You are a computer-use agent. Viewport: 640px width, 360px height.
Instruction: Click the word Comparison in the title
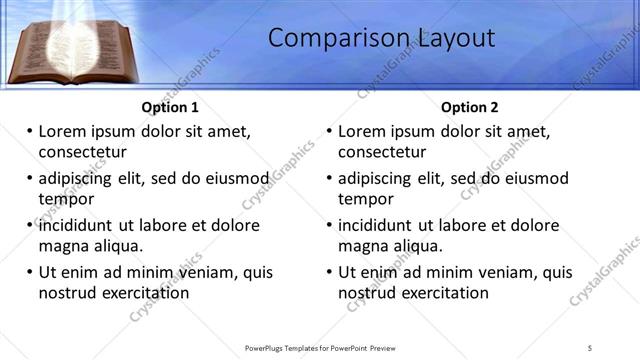point(325,38)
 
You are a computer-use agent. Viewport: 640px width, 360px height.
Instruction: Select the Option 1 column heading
point(170,107)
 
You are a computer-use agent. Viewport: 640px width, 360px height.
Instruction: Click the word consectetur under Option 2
point(382,152)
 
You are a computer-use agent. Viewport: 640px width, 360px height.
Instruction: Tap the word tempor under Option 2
point(364,198)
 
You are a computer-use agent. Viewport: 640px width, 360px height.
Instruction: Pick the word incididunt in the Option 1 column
point(80,225)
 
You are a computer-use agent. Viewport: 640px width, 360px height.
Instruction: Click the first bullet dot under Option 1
point(29,131)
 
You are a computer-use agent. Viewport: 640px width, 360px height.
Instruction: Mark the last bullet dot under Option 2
point(329,272)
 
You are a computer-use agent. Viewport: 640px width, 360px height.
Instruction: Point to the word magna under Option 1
point(62,245)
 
